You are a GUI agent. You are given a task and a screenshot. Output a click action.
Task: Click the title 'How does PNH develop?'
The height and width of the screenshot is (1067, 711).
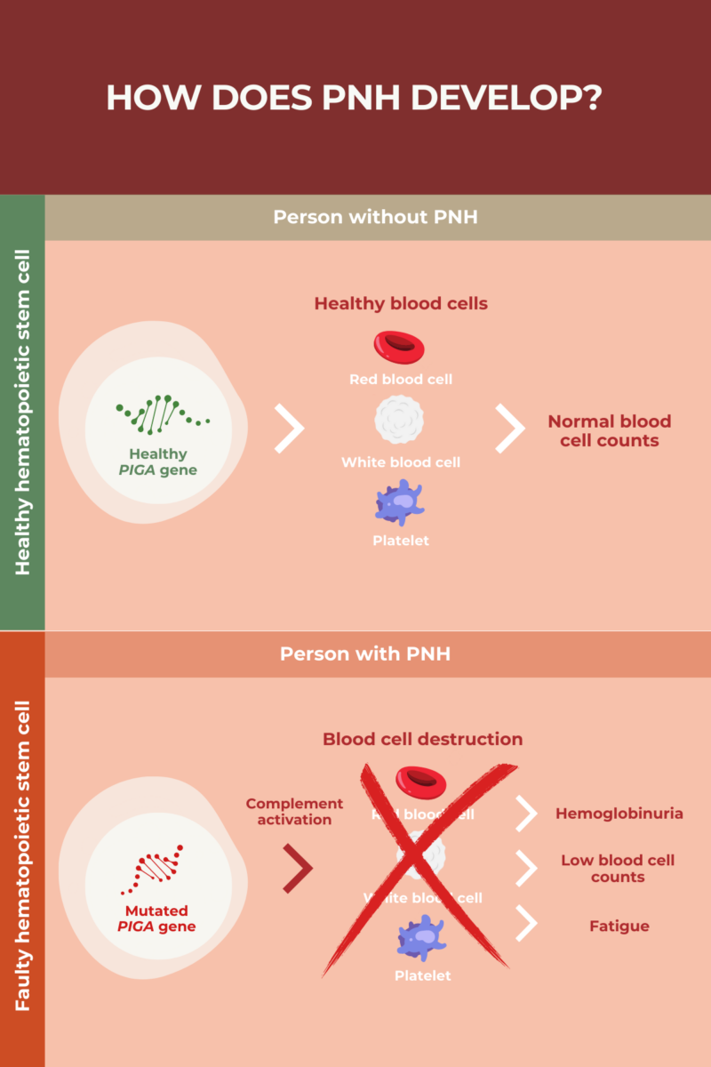[355, 97]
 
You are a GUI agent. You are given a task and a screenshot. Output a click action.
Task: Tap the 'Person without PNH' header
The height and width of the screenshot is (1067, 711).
[375, 217]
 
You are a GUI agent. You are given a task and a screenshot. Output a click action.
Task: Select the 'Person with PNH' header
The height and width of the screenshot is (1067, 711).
[365, 654]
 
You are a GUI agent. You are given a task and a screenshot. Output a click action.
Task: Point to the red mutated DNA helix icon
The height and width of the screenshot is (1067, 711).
[157, 868]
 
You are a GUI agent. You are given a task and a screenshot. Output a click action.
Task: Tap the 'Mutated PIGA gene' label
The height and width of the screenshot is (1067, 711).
[156, 919]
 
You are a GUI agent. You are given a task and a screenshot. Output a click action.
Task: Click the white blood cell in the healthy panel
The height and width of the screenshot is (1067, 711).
[400, 421]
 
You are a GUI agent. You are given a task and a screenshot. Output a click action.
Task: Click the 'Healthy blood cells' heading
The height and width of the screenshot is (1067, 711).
[401, 303]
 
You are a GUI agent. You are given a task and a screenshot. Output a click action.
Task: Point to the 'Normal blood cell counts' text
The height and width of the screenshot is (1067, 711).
[609, 430]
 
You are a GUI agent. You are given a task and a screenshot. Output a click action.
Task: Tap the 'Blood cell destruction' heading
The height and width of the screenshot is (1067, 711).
[422, 739]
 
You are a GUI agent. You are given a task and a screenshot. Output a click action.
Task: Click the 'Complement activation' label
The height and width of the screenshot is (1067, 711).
[294, 811]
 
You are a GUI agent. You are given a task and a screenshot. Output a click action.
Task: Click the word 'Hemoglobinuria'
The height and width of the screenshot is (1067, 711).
[619, 814]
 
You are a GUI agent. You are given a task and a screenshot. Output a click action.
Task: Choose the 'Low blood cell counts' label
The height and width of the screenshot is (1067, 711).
[618, 868]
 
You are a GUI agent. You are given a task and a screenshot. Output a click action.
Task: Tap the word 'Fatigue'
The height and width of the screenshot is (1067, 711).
[619, 926]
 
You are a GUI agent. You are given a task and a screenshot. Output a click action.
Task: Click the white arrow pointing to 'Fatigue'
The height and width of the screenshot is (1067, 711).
[527, 924]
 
